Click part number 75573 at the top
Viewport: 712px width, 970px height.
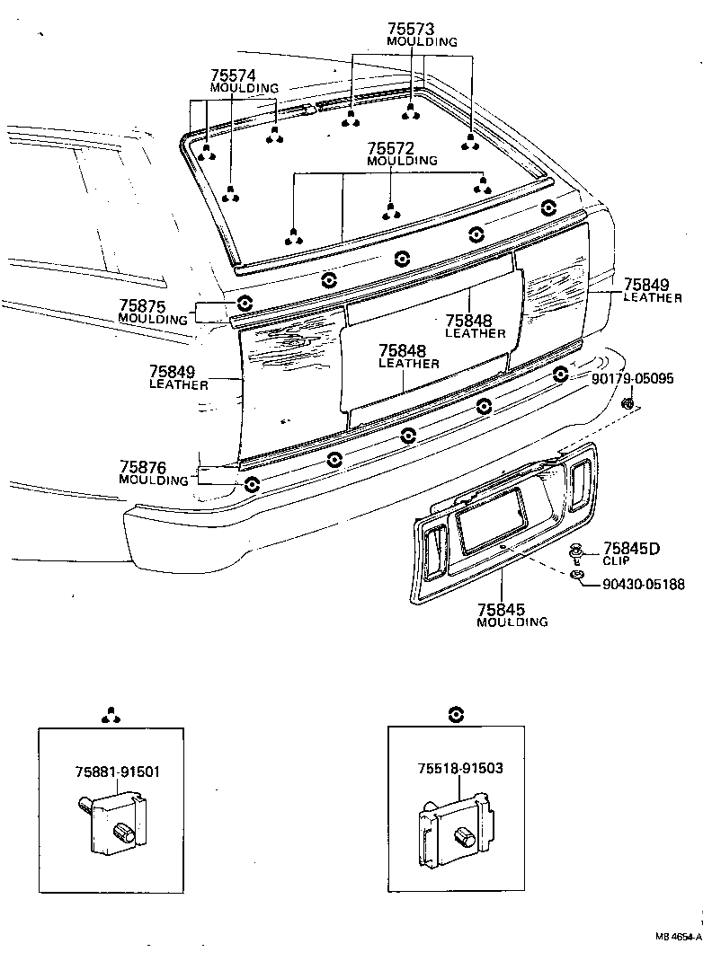pos(411,29)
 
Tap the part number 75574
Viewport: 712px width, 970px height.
pos(234,75)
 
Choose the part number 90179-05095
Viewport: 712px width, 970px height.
pos(633,379)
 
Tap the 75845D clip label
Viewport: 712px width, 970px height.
pos(631,549)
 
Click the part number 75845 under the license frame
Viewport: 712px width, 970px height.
pos(501,609)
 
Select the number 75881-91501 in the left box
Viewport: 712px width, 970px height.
pos(112,771)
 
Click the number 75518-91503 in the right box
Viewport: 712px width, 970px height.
pos(459,768)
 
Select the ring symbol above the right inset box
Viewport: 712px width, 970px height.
pos(457,714)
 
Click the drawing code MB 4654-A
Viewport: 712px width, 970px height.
pos(678,937)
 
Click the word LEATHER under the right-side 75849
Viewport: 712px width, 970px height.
pos(653,298)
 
